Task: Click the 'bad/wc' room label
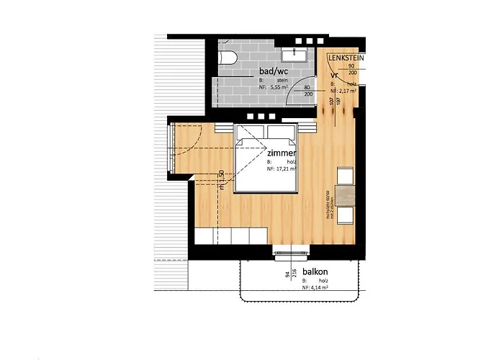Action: (274, 71)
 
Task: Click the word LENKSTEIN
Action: (346, 56)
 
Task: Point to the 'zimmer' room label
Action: (281, 153)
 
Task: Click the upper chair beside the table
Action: (346, 175)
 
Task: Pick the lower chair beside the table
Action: (346, 215)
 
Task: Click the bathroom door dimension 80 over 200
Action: (308, 91)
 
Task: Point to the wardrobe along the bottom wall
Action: (231, 235)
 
